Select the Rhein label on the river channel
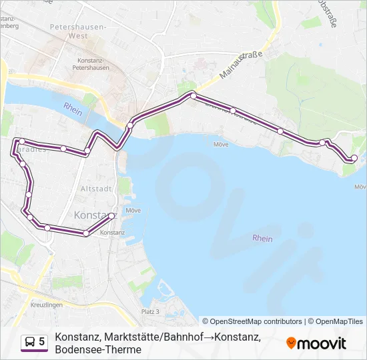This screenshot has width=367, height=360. click(x=73, y=109)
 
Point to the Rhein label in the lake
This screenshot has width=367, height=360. click(x=262, y=238)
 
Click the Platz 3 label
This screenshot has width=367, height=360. click(x=151, y=311)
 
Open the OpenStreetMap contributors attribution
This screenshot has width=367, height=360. click(x=252, y=321)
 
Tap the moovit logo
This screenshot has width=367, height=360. click(x=316, y=343)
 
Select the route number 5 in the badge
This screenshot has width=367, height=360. click(x=42, y=342)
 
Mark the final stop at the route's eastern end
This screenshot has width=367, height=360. click(x=354, y=158)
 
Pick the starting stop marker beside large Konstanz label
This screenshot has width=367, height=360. click(x=112, y=215)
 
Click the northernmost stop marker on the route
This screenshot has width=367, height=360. click(x=193, y=96)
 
